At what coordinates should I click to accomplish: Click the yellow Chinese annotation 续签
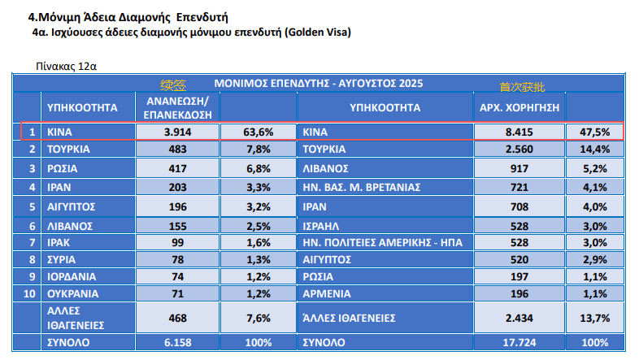click(173, 85)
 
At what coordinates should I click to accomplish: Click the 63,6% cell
click(259, 132)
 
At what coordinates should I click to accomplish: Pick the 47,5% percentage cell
click(595, 132)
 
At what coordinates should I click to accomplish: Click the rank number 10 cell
click(30, 293)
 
